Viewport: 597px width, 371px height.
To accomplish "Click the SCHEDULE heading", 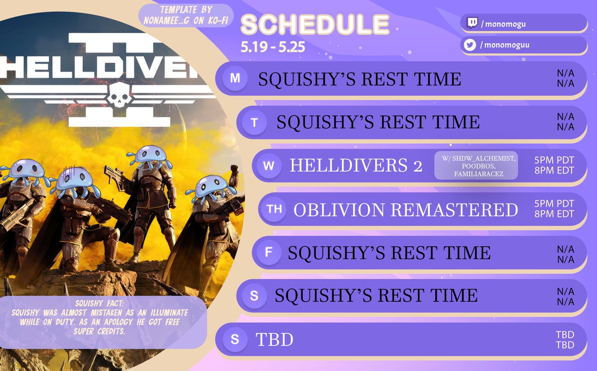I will tap(314, 25).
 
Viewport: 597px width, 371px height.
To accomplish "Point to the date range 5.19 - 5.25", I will tap(273, 47).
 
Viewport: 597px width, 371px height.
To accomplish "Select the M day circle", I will tap(235, 79).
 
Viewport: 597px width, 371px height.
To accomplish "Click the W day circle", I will tap(268, 166).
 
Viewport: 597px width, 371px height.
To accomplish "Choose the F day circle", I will tap(269, 253).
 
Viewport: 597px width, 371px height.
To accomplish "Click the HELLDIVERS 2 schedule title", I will tap(356, 166).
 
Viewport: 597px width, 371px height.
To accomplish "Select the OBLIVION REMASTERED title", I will tap(405, 210).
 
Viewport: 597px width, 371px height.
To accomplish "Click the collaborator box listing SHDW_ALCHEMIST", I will tap(476, 165).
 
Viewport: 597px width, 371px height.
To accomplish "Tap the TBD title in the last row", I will tap(274, 340).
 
